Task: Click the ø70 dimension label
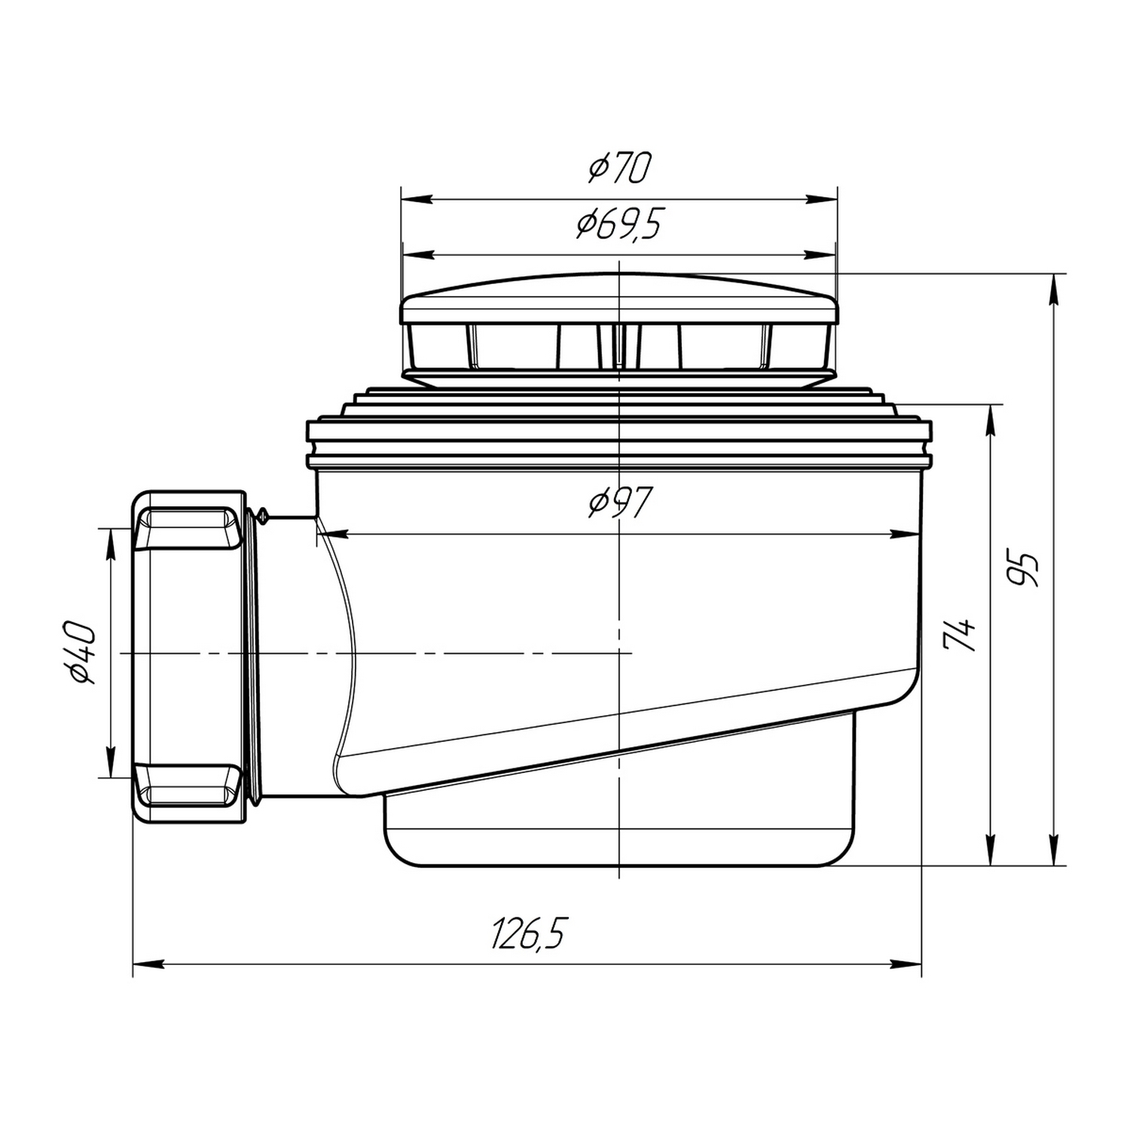618,168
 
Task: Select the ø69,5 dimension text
618,224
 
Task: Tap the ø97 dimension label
620,502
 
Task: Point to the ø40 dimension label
81,653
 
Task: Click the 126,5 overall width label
527,934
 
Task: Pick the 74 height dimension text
960,635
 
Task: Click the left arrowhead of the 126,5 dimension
148,964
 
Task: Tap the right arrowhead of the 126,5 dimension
906,964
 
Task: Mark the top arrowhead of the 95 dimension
1055,289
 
